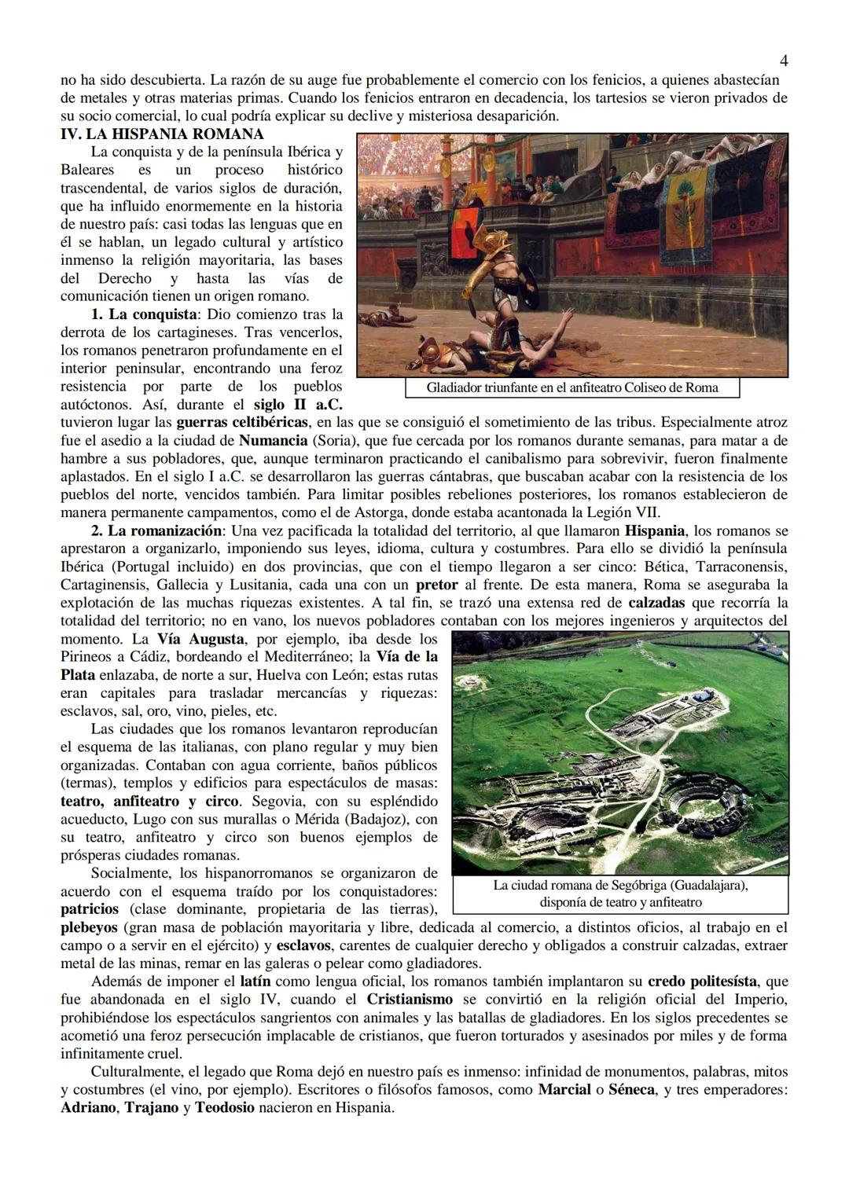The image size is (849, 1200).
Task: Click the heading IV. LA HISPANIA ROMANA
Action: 162,134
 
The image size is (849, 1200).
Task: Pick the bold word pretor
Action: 436,585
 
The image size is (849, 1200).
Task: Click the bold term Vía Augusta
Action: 201,639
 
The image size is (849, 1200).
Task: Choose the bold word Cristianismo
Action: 410,1000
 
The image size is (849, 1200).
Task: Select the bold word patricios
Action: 89,909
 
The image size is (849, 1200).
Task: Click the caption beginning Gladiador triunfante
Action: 572,387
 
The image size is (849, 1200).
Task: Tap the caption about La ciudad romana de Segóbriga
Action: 619,894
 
